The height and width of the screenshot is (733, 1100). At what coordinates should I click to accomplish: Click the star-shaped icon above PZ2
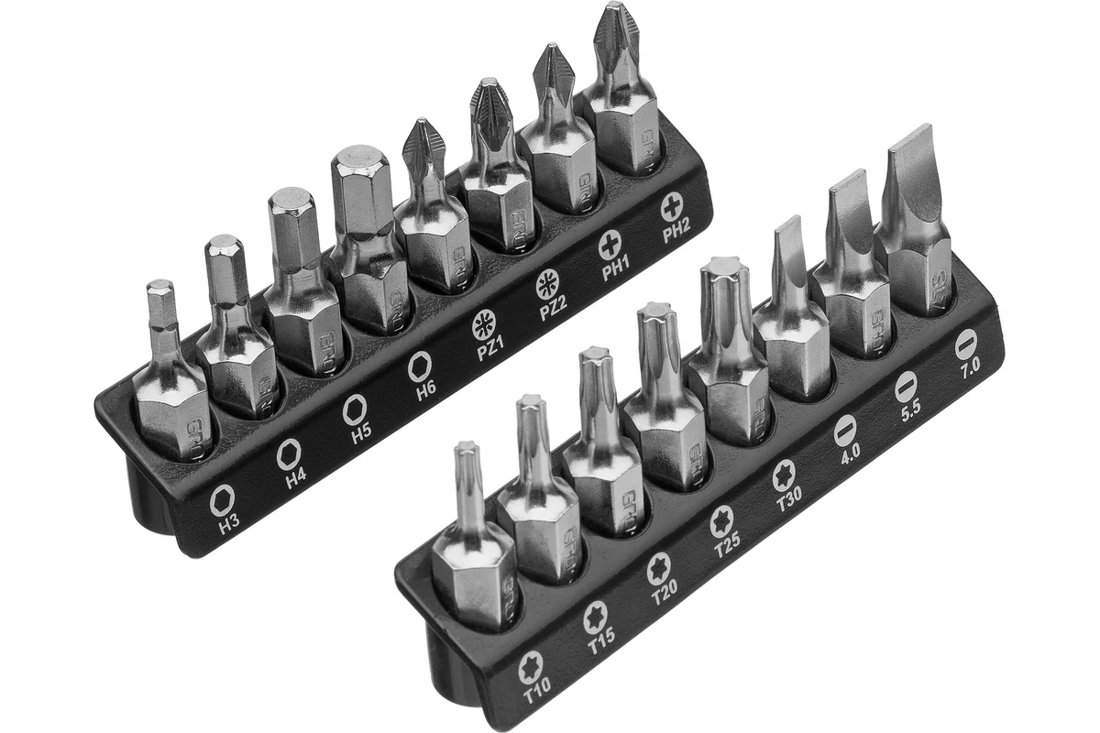click(x=548, y=284)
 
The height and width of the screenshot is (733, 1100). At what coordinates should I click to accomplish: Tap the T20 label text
click(x=665, y=596)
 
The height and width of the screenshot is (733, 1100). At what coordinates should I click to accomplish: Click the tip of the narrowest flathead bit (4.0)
click(x=788, y=223)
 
